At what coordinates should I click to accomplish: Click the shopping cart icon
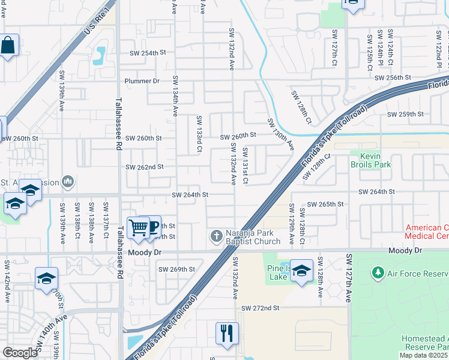pyautogui.click(x=139, y=227)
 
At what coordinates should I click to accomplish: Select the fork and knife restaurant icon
pyautogui.click(x=227, y=333)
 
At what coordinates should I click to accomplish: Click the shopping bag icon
pyautogui.click(x=8, y=46)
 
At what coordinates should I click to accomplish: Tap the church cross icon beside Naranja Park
pyautogui.click(x=217, y=236)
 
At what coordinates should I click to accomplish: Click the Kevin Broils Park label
pyautogui.click(x=370, y=160)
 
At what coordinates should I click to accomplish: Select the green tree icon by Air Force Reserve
pyautogui.click(x=378, y=273)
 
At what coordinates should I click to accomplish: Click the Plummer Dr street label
pyautogui.click(x=142, y=81)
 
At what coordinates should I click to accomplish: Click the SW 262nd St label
pyautogui.click(x=144, y=167)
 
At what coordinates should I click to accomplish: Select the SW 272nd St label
pyautogui.click(x=261, y=308)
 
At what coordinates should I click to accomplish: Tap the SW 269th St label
pyautogui.click(x=176, y=269)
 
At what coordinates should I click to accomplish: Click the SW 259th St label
pyautogui.click(x=405, y=114)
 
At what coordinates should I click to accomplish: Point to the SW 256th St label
pyautogui.click(x=393, y=78)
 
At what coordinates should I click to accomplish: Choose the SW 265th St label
pyautogui.click(x=325, y=204)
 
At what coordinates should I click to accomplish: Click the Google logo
pyautogui.click(x=19, y=353)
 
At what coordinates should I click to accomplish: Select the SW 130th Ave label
pyautogui.click(x=281, y=134)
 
